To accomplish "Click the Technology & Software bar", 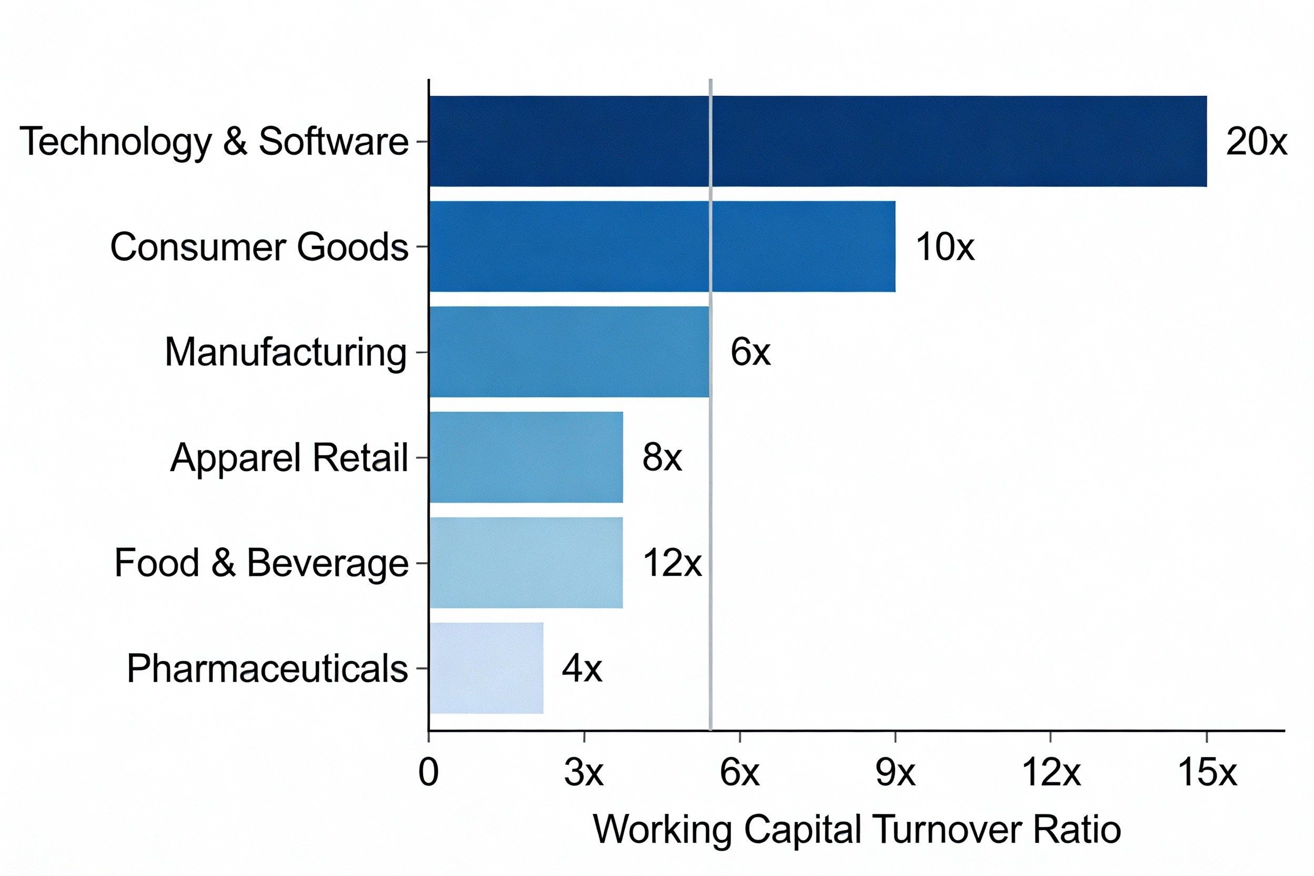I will pyautogui.click(x=818, y=141).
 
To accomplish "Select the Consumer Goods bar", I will pyautogui.click(x=662, y=246).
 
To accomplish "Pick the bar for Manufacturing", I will pyautogui.click(x=569, y=352).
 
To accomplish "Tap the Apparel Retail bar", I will pyautogui.click(x=526, y=457).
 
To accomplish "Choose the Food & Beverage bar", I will pyautogui.click(x=526, y=563).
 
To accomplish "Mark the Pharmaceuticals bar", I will pyautogui.click(x=486, y=668).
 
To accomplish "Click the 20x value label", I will pyautogui.click(x=1256, y=142).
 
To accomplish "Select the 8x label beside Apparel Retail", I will pyautogui.click(x=662, y=457).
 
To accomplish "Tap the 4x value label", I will pyautogui.click(x=582, y=668).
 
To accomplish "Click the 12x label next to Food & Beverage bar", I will pyautogui.click(x=672, y=563).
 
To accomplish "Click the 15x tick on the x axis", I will pyautogui.click(x=1207, y=773).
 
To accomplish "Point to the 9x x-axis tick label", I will pyautogui.click(x=895, y=773).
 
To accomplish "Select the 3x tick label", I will pyautogui.click(x=583, y=773).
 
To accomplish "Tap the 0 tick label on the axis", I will pyautogui.click(x=428, y=773).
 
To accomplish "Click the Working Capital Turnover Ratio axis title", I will pyautogui.click(x=857, y=830).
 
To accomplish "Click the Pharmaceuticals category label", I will pyautogui.click(x=267, y=668).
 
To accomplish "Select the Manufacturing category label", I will pyautogui.click(x=285, y=353).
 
